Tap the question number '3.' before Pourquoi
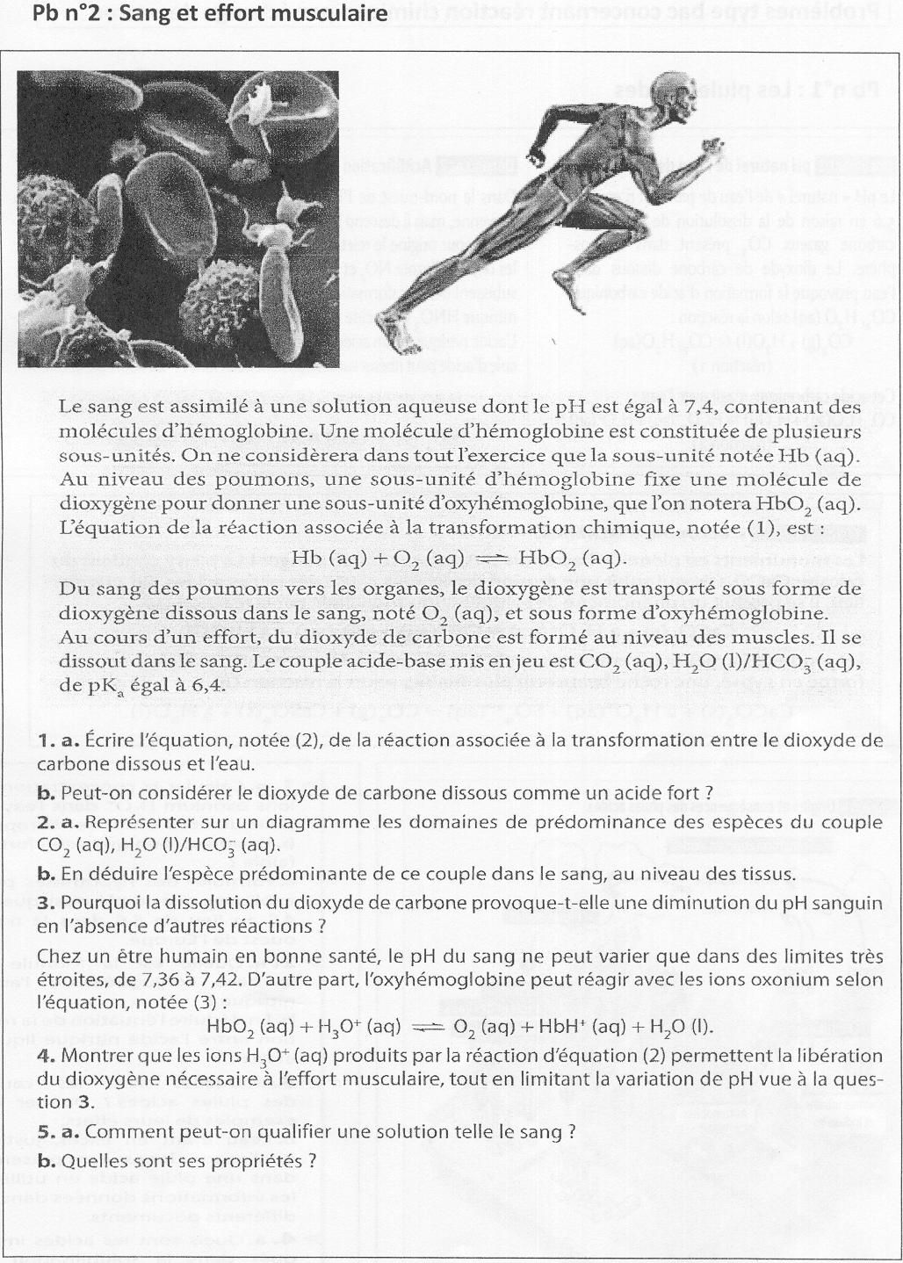[47, 903]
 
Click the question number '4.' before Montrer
[47, 1056]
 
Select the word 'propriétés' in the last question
[263, 1160]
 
